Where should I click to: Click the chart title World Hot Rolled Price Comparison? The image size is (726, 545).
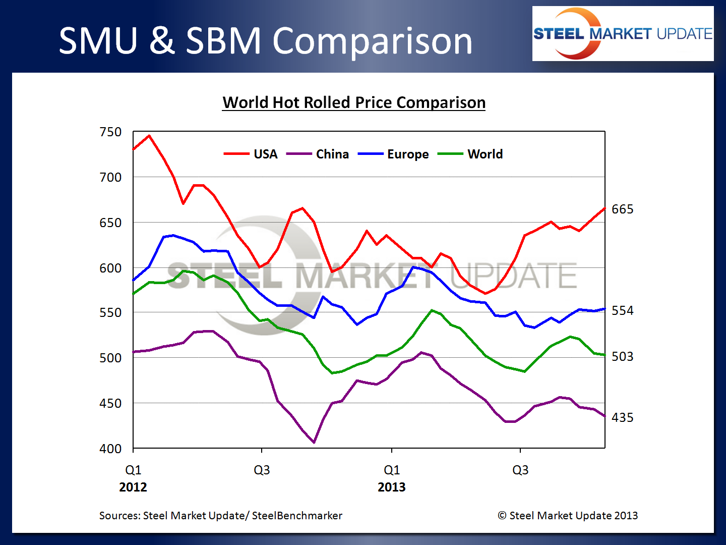pyautogui.click(x=354, y=102)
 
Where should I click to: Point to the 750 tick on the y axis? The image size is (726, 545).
pyautogui.click(x=111, y=132)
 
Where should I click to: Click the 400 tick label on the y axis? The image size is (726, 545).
pyautogui.click(x=111, y=449)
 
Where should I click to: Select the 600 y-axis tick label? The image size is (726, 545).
pyautogui.click(x=111, y=268)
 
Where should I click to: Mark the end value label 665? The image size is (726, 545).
pyautogui.click(x=622, y=209)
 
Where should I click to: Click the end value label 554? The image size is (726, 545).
pyautogui.click(x=622, y=311)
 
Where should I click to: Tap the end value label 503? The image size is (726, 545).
pyautogui.click(x=622, y=357)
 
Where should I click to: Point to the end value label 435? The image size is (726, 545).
pyautogui.click(x=622, y=418)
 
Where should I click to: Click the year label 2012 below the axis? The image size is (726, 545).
pyautogui.click(x=133, y=487)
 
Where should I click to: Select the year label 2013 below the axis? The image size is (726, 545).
pyautogui.click(x=392, y=487)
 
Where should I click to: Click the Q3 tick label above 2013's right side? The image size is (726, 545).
pyautogui.click(x=520, y=470)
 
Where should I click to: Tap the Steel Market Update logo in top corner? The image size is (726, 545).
pyautogui.click(x=623, y=34)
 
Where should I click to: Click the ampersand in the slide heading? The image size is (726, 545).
pyautogui.click(x=161, y=41)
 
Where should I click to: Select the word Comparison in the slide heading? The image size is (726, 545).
pyautogui.click(x=373, y=41)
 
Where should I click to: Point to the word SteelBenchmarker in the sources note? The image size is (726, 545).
pyautogui.click(x=297, y=516)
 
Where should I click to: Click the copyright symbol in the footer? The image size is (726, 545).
pyautogui.click(x=502, y=516)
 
